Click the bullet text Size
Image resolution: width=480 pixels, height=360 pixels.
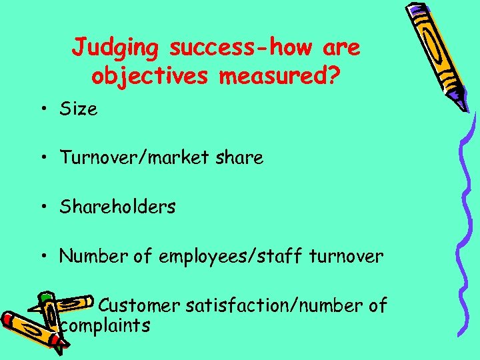pos(79,109)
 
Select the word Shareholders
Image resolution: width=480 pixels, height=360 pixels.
pos(117,207)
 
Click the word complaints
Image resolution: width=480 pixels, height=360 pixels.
pos(105,326)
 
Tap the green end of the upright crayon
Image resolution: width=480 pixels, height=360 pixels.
pos(45,296)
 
